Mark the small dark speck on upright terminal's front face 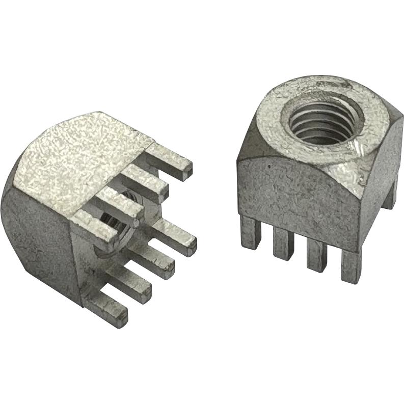tap(268, 166)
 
